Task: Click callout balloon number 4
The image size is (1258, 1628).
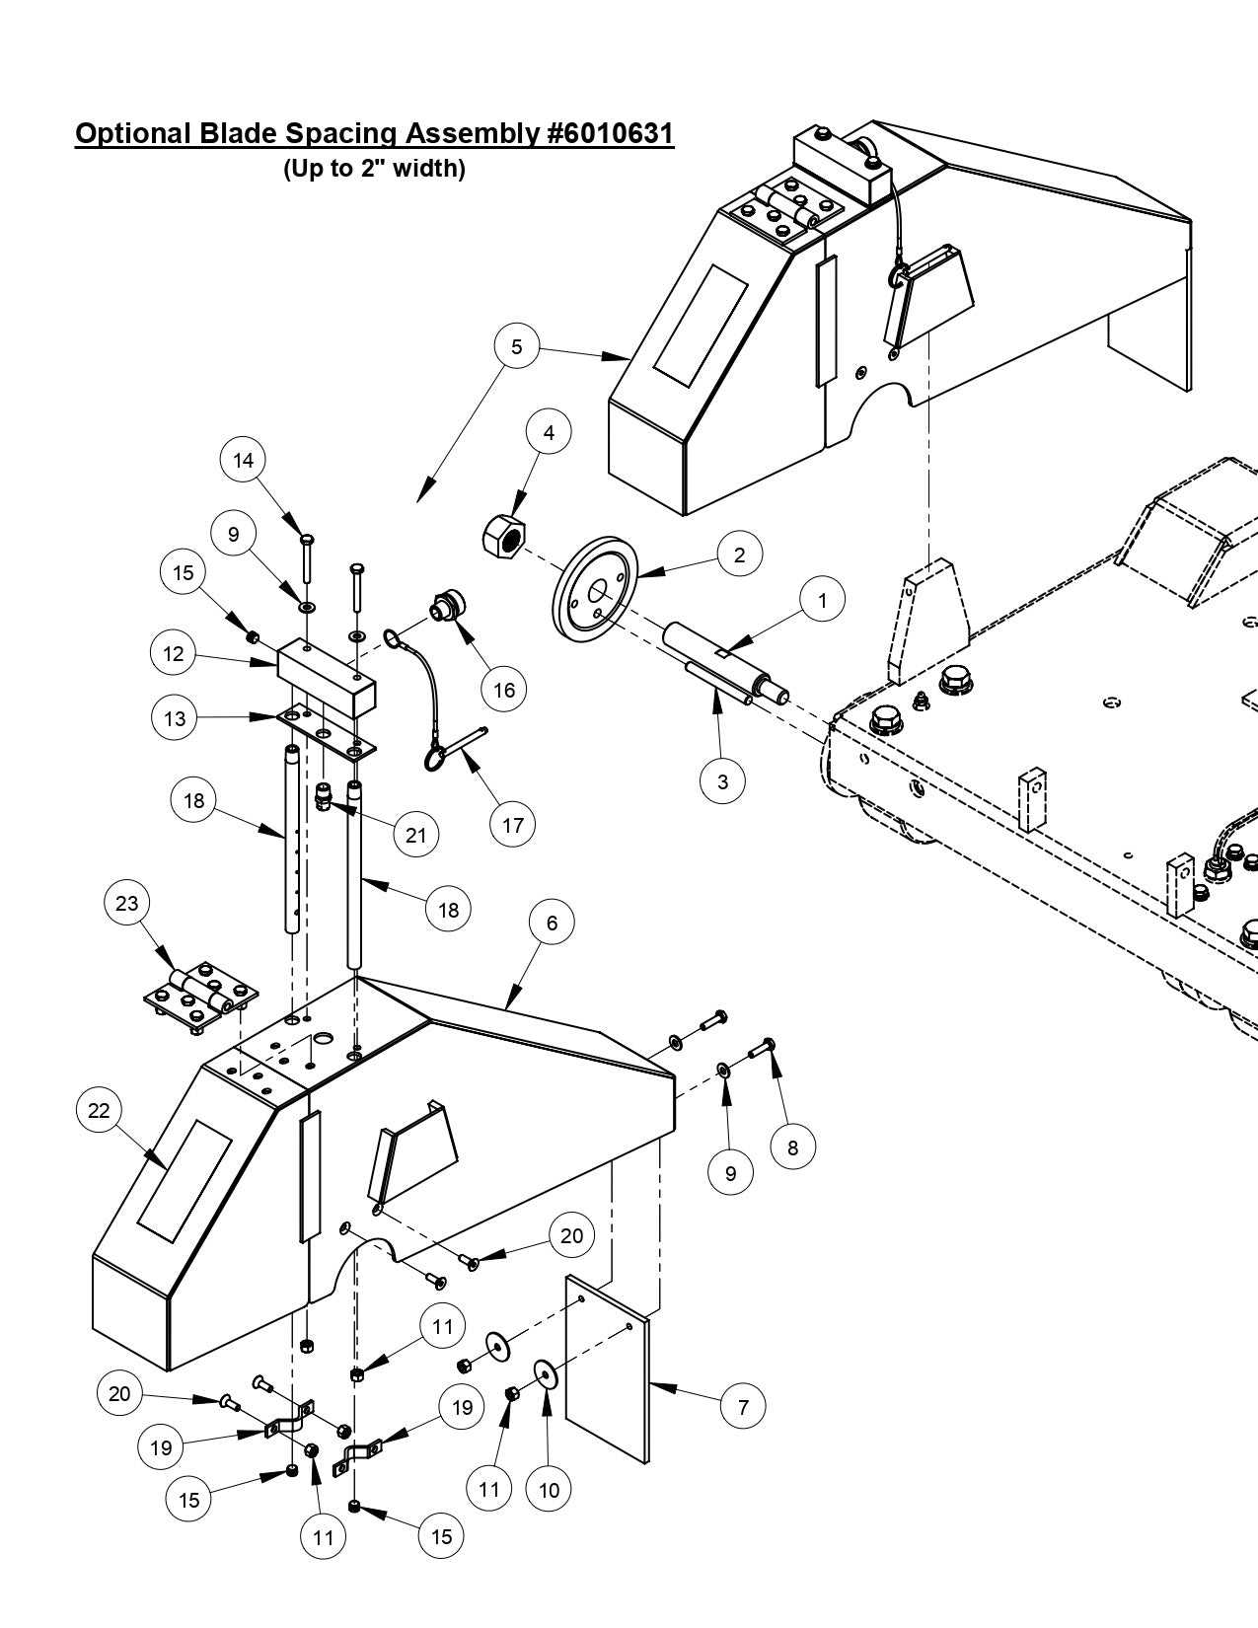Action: (x=549, y=432)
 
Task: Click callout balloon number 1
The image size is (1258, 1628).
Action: (x=821, y=599)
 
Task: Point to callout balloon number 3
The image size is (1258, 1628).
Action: (x=723, y=781)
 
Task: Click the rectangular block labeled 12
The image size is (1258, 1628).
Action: (x=327, y=679)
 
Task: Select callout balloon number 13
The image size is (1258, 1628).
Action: (x=175, y=718)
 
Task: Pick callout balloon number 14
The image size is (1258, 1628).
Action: (x=244, y=460)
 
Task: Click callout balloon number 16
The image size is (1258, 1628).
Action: (x=503, y=690)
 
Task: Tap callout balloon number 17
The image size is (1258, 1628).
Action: (x=513, y=825)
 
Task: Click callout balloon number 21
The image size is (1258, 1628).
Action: (x=416, y=835)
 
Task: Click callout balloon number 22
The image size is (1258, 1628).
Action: (x=99, y=1110)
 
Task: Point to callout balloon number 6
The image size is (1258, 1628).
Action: (x=552, y=923)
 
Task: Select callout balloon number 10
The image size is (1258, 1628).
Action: (x=550, y=1489)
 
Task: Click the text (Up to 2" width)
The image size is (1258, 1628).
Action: (x=374, y=169)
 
